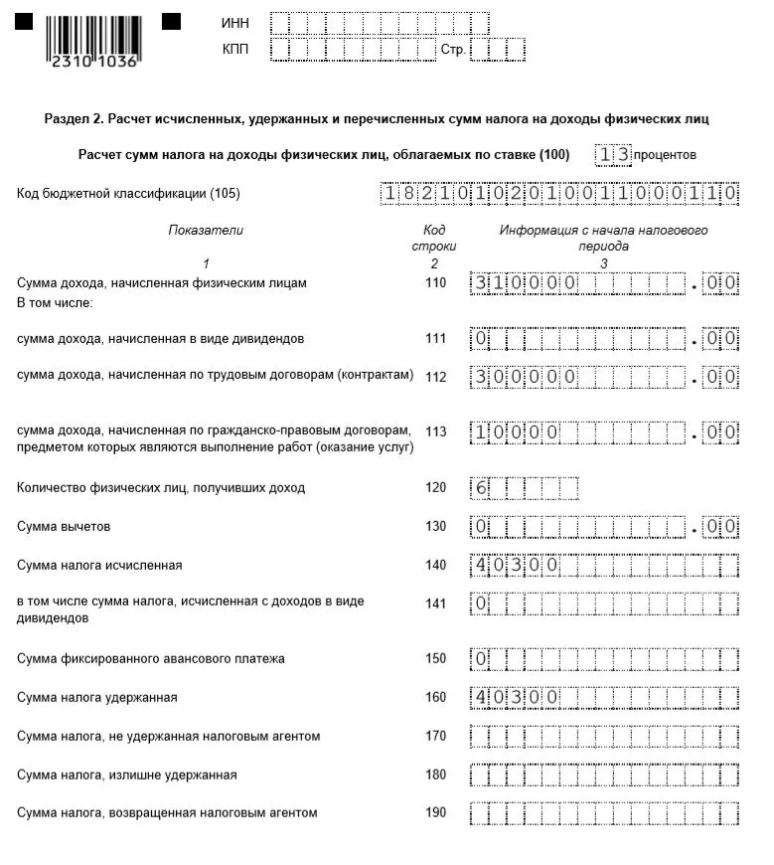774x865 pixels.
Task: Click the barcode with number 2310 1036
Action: coord(92,40)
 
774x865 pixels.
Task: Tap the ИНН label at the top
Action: coord(234,23)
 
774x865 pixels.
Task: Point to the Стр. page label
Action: coord(452,50)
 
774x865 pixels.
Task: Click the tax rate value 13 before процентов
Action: coord(613,155)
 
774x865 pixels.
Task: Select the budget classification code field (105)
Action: coord(559,194)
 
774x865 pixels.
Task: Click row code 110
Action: coord(435,283)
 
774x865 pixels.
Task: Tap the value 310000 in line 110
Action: coord(524,283)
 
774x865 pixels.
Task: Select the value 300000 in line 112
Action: coord(524,378)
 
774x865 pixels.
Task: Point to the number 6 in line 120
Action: coord(481,488)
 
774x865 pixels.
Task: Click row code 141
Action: coord(435,603)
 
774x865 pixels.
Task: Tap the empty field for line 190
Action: coord(603,813)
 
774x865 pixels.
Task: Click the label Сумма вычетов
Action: coord(64,526)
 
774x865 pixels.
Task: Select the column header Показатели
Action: coord(205,230)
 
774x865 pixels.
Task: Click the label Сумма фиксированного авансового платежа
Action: coord(151,658)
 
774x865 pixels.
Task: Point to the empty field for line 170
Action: coord(603,737)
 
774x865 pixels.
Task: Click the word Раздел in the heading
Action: coord(66,119)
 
